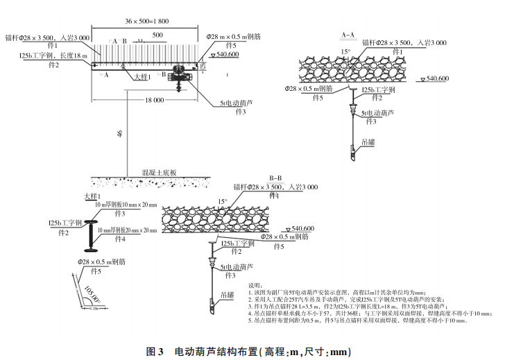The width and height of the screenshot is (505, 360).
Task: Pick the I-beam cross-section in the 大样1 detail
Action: tap(90, 236)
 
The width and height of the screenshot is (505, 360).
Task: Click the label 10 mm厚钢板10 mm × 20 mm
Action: tap(126, 205)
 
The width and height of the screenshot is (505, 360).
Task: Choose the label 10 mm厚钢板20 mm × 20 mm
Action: tap(128, 230)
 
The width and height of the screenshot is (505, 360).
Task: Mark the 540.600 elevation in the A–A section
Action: tap(438, 78)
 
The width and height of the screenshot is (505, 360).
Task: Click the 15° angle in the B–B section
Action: tap(223, 202)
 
